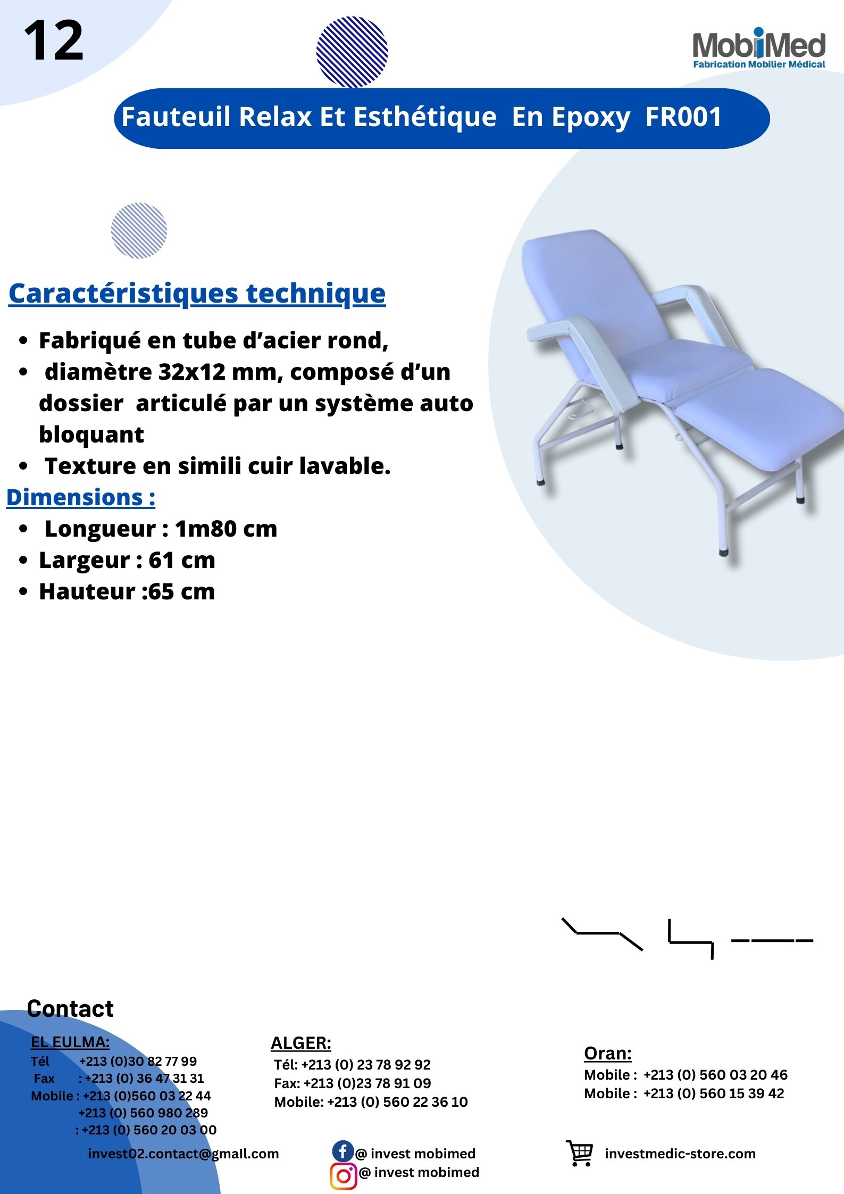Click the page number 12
[x=54, y=40]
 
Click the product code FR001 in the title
[x=683, y=116]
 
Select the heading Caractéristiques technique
[x=197, y=294]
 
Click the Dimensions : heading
[x=81, y=498]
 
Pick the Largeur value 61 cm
[x=182, y=560]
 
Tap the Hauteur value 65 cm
[x=181, y=591]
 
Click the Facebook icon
[x=343, y=1151]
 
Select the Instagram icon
[x=344, y=1175]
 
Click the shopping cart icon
[x=580, y=1153]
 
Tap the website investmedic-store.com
[x=680, y=1154]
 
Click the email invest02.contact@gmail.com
[x=183, y=1154]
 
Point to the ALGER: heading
[x=301, y=1043]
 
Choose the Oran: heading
[x=608, y=1053]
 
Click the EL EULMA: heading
[x=70, y=1042]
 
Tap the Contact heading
[x=70, y=1009]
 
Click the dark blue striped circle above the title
[x=352, y=52]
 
